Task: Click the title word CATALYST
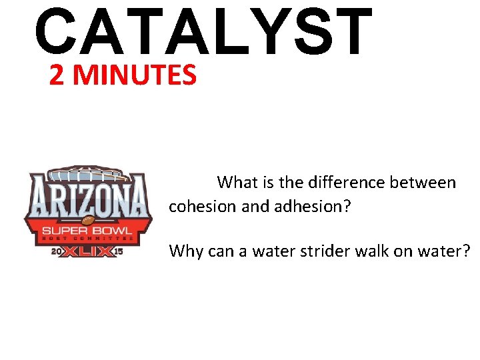203,31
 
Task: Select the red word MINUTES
135,76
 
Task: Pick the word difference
335,182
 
